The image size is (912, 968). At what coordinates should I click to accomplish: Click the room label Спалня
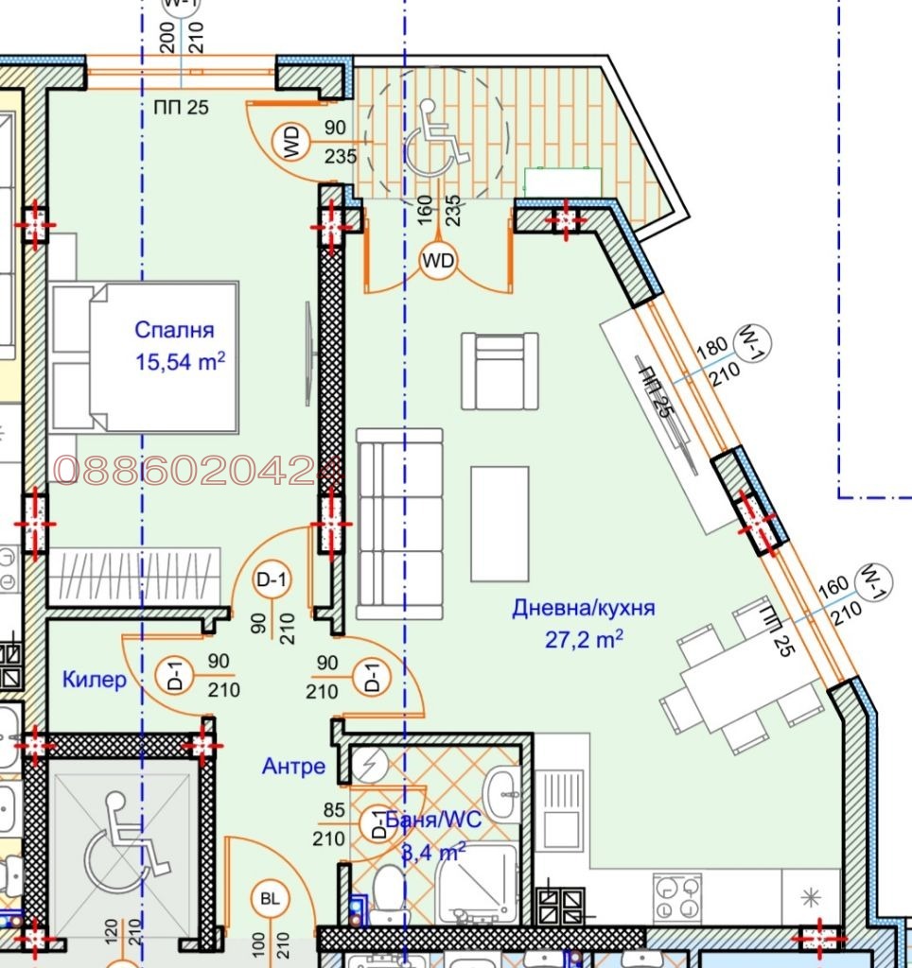coord(174,330)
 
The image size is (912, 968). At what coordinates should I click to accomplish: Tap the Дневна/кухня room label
coord(583,609)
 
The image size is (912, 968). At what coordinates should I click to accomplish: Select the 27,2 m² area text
coord(584,640)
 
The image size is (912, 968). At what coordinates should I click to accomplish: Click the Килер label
coord(94,679)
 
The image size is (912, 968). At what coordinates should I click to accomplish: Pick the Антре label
coord(293,767)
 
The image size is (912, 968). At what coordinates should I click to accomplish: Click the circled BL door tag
coord(270,901)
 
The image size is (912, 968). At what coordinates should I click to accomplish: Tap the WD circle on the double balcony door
coord(437,259)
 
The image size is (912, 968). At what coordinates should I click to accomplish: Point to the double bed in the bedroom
coord(144,358)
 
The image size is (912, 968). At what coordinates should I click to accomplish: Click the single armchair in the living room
coord(500,371)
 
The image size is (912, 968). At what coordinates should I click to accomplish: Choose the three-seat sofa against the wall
coord(399,524)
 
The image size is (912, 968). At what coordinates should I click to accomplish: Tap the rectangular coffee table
coord(500,524)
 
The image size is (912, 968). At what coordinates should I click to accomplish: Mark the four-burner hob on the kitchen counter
coord(676,897)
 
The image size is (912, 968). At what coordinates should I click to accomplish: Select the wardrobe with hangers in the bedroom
coord(133,575)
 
